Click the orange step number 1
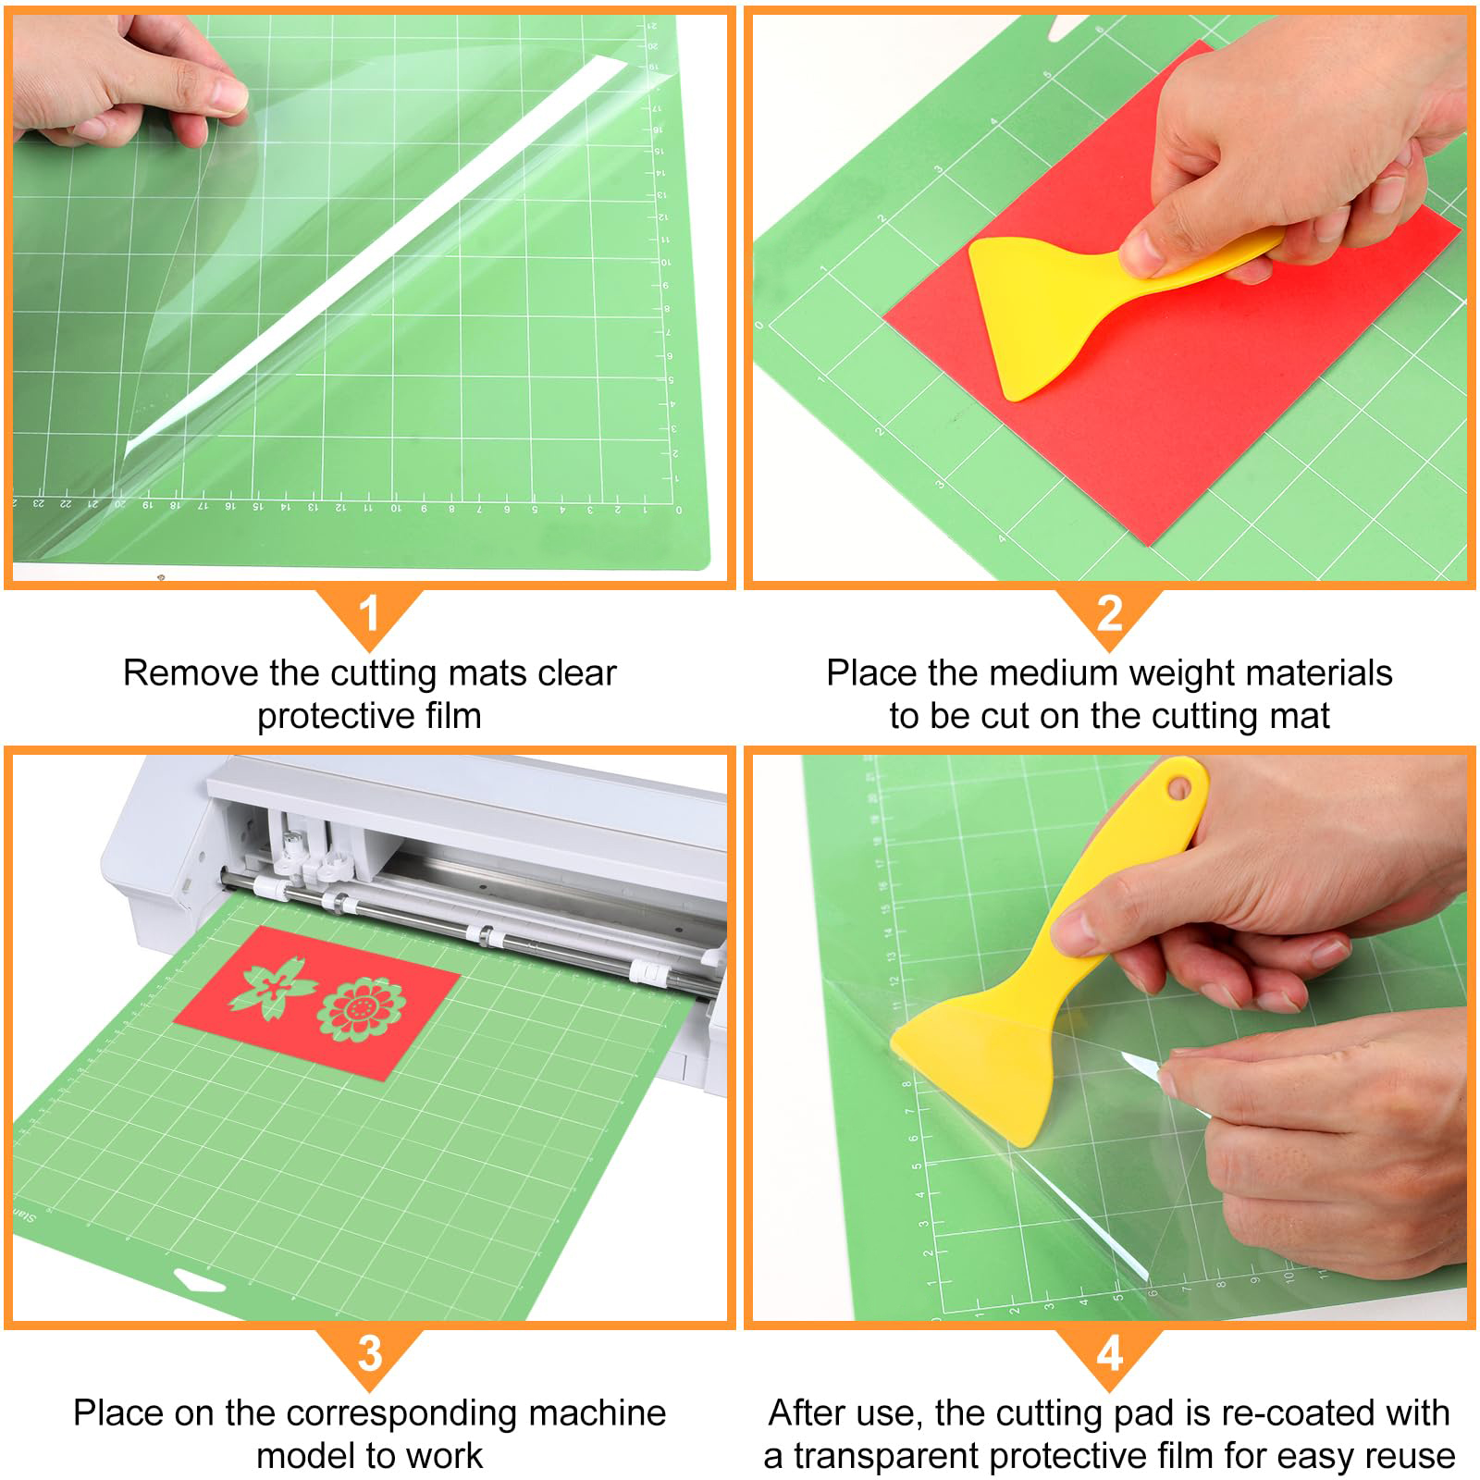(x=369, y=613)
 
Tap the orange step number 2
(x=1109, y=613)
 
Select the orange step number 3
(x=369, y=1353)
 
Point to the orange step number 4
(x=1109, y=1353)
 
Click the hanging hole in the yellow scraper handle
(x=1178, y=788)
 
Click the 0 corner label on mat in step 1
(x=679, y=510)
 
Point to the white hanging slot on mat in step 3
(x=199, y=1283)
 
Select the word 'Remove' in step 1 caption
(x=191, y=672)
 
